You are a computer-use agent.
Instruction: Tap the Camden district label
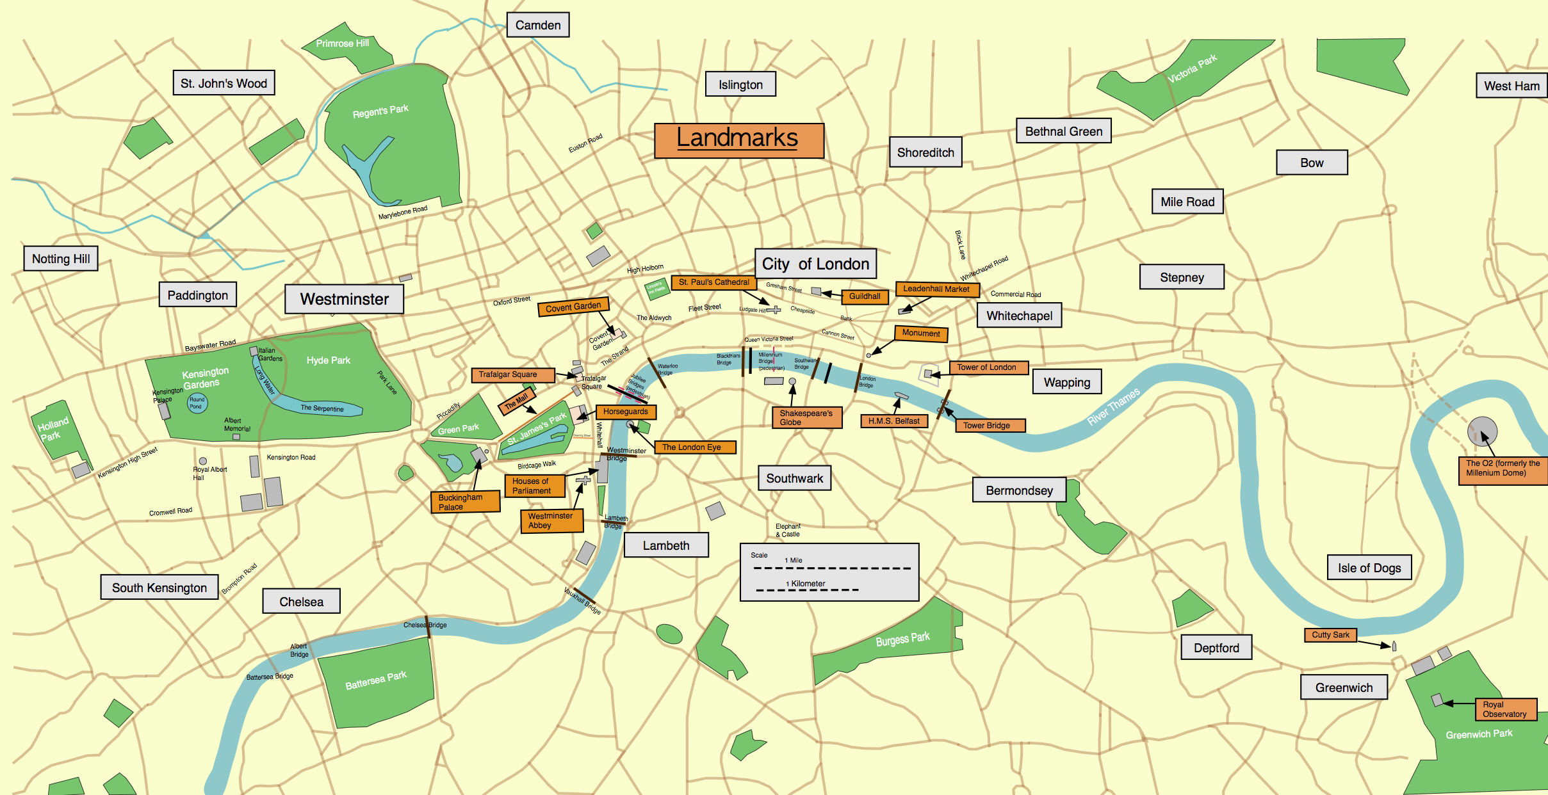pos(538,25)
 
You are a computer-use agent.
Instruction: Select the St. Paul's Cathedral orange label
pos(713,282)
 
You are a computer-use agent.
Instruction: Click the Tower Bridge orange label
pos(990,426)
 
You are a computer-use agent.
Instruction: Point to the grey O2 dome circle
pos(1482,431)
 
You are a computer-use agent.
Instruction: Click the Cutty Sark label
pos(1330,635)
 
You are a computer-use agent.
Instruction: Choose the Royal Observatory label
pos(1505,709)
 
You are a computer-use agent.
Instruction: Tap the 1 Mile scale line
pos(832,568)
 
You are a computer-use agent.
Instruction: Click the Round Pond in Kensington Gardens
pos(197,403)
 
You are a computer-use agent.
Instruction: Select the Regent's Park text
pos(380,111)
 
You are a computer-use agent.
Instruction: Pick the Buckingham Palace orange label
pos(465,502)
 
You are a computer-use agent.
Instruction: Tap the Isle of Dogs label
pos(1369,568)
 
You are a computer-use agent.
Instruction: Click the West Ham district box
pos(1511,86)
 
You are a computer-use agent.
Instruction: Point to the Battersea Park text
pos(376,680)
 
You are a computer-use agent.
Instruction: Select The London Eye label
pos(694,447)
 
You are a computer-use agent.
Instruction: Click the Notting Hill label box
pos(61,259)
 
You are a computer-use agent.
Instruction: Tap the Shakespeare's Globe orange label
pos(806,417)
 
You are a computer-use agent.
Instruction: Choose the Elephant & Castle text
pos(788,530)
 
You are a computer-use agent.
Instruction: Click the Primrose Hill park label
pos(342,44)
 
